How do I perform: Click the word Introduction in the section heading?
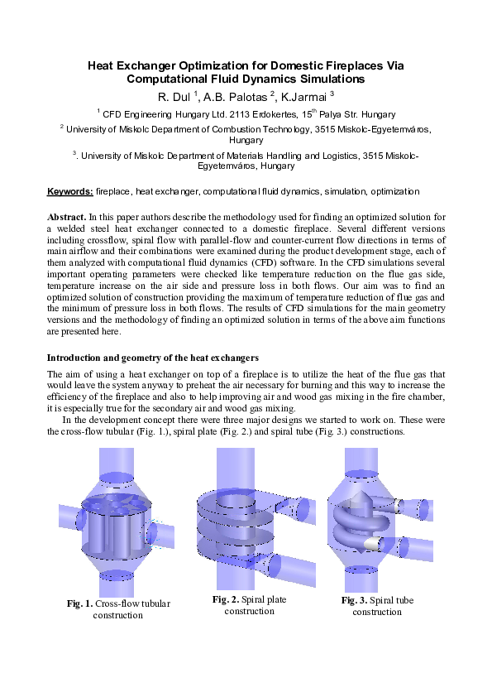(78, 358)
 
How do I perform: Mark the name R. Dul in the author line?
(174, 96)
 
